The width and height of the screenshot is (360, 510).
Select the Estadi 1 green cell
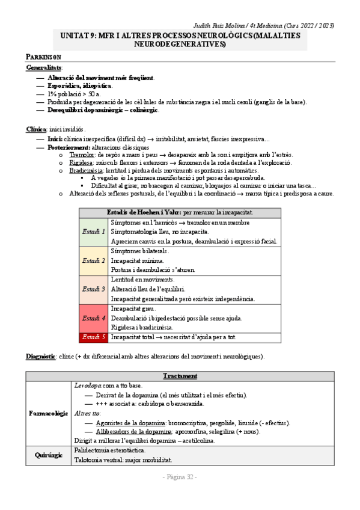[94, 232]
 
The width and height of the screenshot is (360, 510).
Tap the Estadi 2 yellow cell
[94, 260]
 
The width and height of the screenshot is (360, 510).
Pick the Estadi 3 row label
[94, 289]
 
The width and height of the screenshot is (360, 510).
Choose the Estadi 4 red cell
[94, 318]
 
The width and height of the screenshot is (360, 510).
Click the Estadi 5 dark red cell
[94, 337]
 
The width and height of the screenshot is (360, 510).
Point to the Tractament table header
[180, 376]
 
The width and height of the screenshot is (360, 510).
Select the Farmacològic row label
[49, 414]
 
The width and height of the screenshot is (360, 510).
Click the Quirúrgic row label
[49, 455]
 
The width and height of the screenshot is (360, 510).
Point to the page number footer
[180, 477]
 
